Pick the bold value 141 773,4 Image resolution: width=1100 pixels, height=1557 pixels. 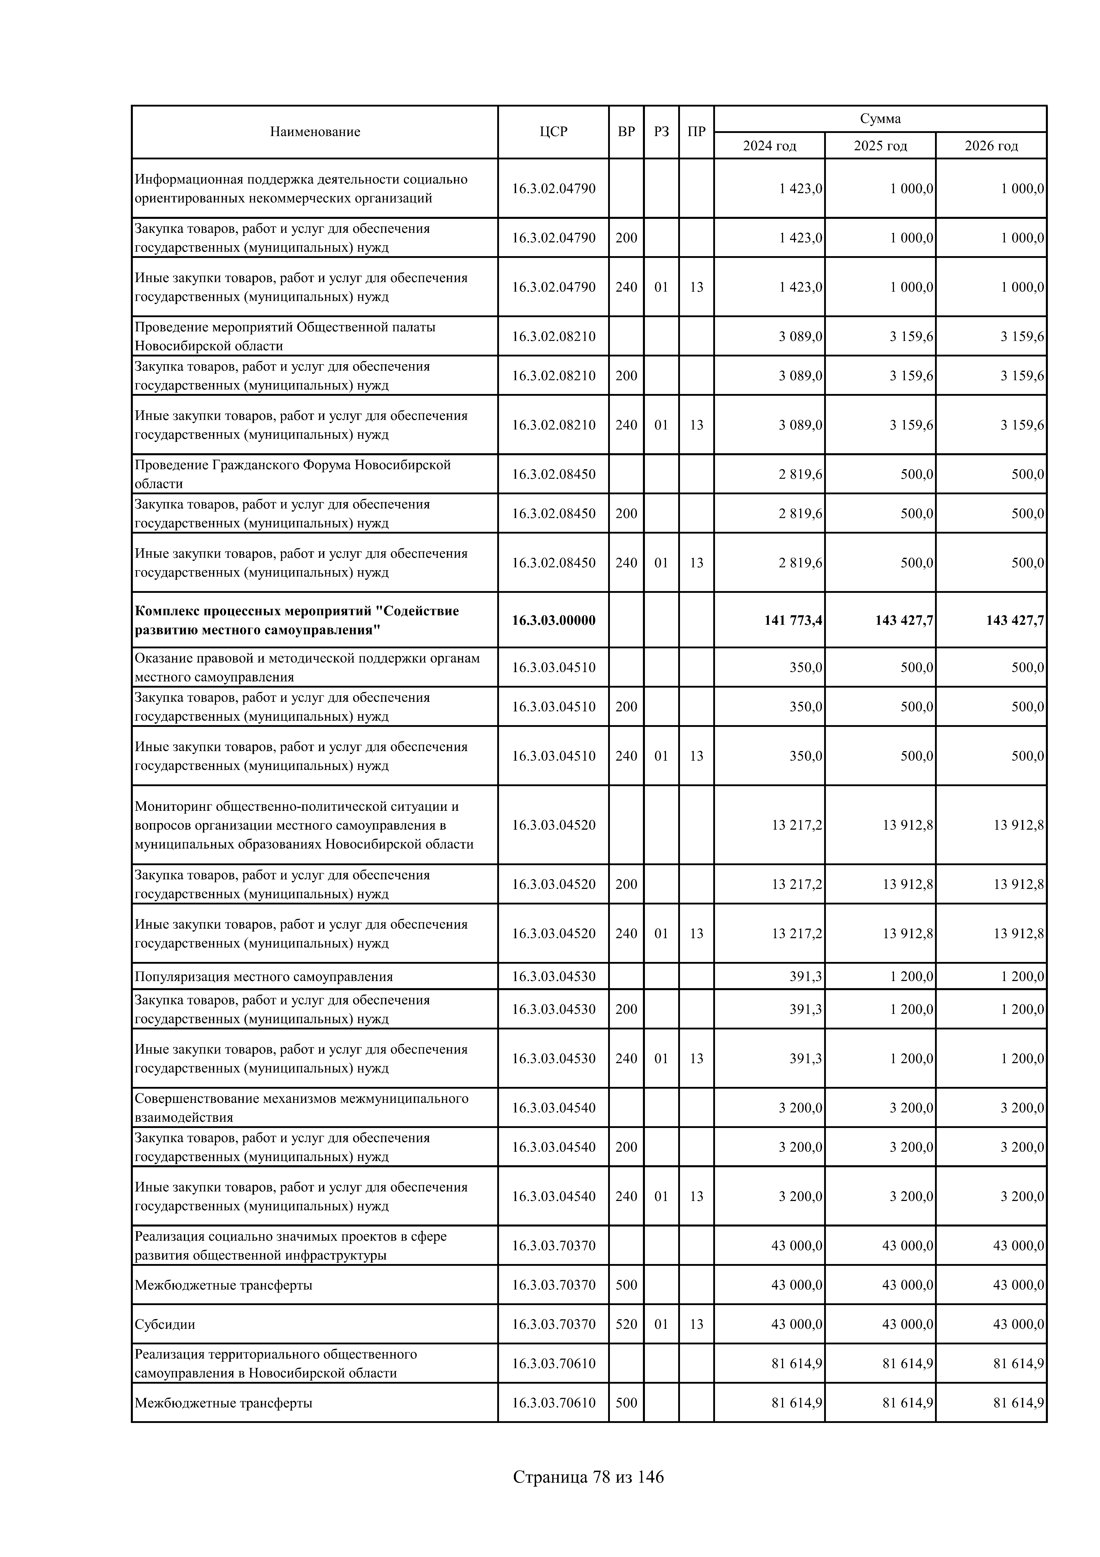[793, 620]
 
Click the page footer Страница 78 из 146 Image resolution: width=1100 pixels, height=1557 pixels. [588, 1476]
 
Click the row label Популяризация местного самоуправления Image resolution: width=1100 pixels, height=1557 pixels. [264, 977]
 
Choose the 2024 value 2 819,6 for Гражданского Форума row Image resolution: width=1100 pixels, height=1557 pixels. [800, 474]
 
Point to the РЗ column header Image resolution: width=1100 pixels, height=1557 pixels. [661, 132]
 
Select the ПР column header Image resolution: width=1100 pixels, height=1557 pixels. [696, 132]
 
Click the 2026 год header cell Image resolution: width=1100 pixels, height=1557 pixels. [991, 146]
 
